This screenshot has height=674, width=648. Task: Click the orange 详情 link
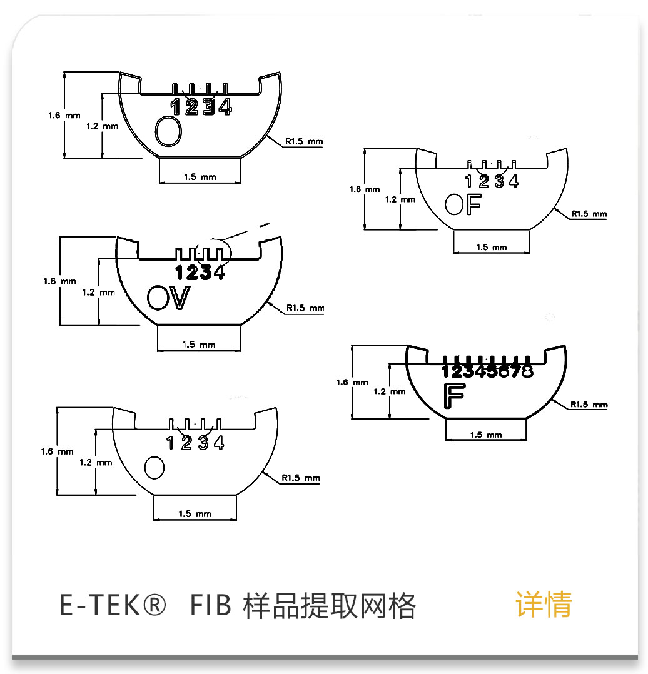point(544,605)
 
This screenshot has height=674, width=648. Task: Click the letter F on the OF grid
point(473,205)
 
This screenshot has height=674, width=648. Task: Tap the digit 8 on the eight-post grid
point(527,371)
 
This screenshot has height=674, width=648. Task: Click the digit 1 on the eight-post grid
point(447,371)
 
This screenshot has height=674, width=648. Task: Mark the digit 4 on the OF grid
point(514,181)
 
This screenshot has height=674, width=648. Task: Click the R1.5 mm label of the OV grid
point(305,308)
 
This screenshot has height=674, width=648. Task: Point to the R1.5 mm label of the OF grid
point(589,214)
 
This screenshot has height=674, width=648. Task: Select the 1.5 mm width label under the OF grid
point(491,247)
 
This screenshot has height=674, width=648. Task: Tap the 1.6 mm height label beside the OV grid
point(59,281)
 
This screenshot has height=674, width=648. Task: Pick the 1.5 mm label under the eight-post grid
point(486,435)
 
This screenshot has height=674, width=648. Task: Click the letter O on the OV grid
point(158,298)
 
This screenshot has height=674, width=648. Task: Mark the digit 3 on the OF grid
point(499,181)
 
